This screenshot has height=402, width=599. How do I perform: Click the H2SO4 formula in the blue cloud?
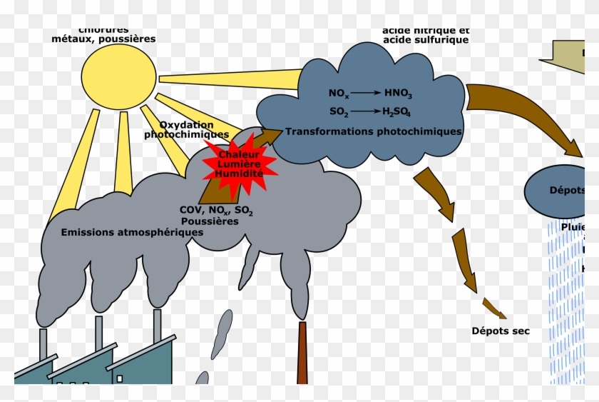coord(397,112)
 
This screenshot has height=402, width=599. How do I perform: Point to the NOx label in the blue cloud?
coord(339,94)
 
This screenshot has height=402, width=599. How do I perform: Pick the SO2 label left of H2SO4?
coord(339,112)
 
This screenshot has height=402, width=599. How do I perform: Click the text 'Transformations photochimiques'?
coord(374,132)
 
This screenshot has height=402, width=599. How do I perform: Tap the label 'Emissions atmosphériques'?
coord(132,232)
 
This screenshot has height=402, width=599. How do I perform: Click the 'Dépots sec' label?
coord(501,331)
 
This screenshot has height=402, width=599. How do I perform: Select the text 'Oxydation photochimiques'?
coord(187,129)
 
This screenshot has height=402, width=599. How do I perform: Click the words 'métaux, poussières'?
coord(103,39)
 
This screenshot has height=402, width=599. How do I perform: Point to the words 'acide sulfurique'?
coord(426,40)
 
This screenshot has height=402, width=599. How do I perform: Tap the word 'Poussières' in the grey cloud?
coord(210,221)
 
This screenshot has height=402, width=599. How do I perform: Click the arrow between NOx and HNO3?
coord(367,94)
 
